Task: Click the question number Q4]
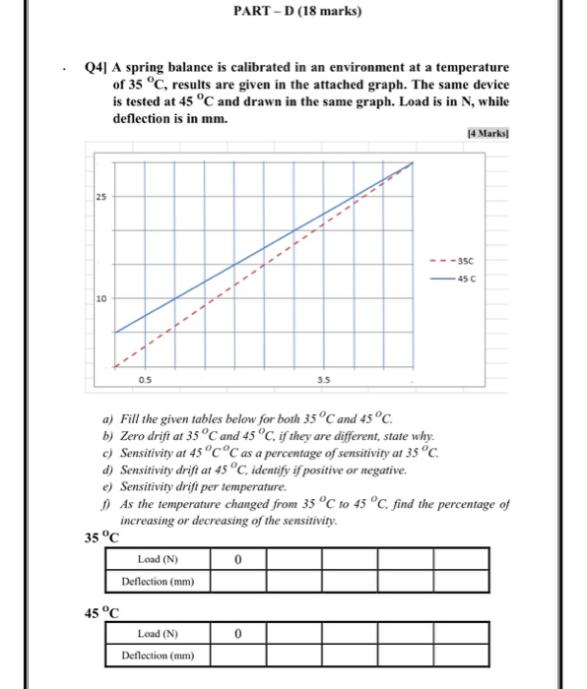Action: coord(96,68)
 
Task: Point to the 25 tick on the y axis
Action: coord(100,196)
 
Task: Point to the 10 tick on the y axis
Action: coord(100,297)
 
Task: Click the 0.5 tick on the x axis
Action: coord(145,377)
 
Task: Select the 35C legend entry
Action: coord(456,262)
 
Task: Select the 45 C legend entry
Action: coord(456,279)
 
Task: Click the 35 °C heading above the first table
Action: coord(101,538)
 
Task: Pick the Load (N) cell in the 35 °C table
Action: coord(158,559)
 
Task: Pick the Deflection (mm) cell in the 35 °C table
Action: coord(158,581)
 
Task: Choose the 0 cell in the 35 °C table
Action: coord(238,559)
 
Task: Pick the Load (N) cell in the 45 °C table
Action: coord(158,634)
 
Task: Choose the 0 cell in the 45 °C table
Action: coord(238,634)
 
